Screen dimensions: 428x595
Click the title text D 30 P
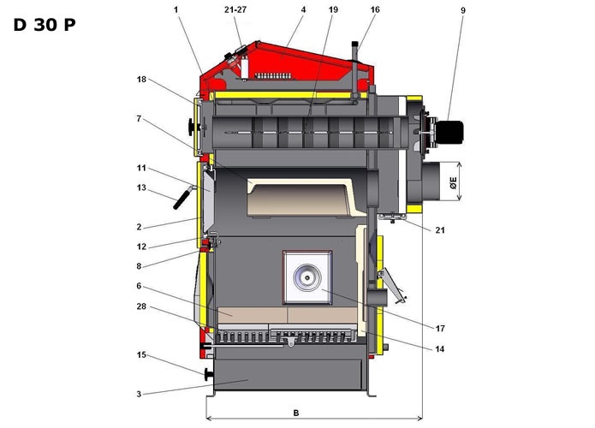[x=45, y=24]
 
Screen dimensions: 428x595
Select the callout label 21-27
[x=235, y=9]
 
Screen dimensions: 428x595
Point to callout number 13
[x=142, y=187]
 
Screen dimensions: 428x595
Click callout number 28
[x=142, y=306]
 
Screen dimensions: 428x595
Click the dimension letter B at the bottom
[x=296, y=413]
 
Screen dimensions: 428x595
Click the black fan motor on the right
[x=449, y=132]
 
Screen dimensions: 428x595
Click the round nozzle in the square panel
[x=305, y=276]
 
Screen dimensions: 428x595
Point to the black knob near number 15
[x=207, y=374]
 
